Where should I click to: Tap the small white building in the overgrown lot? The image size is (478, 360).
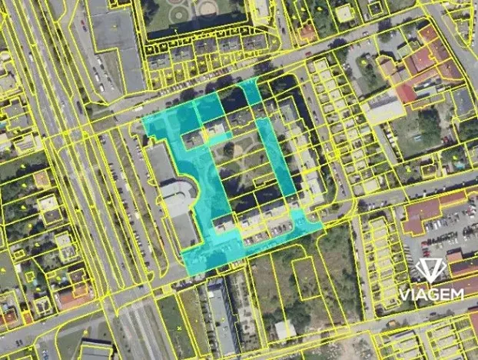[x=284, y=330]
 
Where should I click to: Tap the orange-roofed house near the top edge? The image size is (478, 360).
[x=307, y=33]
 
